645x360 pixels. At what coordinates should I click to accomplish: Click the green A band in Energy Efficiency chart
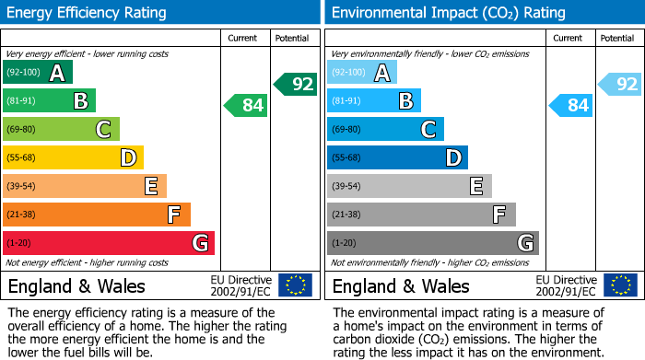point(37,73)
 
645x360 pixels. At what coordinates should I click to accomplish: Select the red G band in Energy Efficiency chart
point(108,243)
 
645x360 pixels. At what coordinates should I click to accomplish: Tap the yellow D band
point(73,158)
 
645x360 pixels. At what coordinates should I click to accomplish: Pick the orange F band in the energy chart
point(96,215)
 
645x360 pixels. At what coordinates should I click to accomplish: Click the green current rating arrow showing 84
point(246,106)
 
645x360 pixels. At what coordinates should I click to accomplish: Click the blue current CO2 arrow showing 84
point(570,106)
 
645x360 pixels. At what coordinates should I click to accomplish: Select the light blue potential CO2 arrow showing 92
point(620,85)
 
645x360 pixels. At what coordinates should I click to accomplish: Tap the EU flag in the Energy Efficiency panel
point(295,285)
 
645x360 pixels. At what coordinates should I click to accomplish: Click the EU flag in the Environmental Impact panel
point(619,285)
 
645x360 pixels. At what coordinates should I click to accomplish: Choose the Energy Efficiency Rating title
point(87,13)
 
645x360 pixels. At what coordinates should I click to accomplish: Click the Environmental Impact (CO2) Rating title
point(448,13)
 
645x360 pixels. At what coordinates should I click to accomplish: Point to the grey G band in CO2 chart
point(432,243)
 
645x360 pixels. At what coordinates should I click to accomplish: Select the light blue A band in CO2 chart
point(361,73)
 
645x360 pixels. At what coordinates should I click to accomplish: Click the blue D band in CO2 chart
point(397,158)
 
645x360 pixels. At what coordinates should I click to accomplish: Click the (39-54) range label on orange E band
point(21,187)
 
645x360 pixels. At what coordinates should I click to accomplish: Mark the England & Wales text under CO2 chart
point(401,285)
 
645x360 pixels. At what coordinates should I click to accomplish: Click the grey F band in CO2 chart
point(420,215)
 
